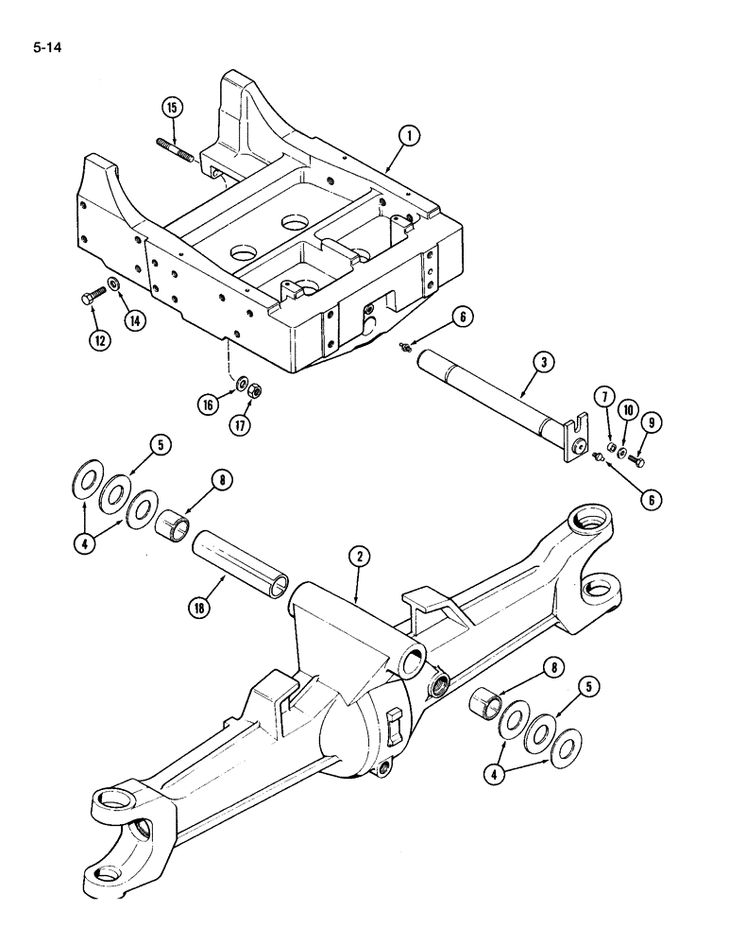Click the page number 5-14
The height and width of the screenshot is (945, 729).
(45, 42)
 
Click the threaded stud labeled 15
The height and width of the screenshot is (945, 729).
(174, 152)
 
